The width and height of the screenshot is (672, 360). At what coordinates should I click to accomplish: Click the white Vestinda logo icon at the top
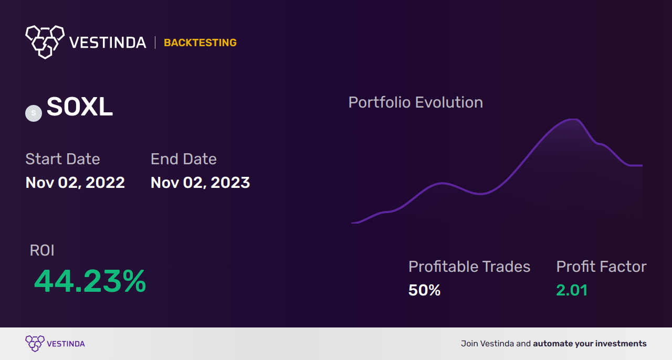tap(45, 41)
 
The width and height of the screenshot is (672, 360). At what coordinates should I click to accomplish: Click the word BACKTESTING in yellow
tap(200, 43)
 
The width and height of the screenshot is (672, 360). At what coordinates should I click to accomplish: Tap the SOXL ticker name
tap(80, 108)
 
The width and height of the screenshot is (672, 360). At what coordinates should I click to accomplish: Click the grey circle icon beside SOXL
tap(34, 113)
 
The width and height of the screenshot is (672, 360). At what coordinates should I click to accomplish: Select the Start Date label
tap(62, 159)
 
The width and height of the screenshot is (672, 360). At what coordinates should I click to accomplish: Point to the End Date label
tap(183, 159)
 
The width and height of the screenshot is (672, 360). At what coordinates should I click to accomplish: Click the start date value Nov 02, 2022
tap(75, 183)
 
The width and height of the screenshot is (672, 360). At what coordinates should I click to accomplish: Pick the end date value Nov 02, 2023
tap(200, 183)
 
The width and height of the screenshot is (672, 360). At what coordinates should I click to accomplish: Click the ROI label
tap(42, 250)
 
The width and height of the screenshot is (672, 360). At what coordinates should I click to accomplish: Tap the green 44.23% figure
tap(90, 281)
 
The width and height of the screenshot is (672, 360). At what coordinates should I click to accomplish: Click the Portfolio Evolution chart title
tap(415, 102)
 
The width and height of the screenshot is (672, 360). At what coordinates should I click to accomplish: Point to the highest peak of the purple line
tap(572, 120)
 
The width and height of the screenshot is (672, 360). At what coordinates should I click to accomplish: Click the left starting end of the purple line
tap(352, 223)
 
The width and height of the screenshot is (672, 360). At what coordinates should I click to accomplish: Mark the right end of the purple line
tap(642, 165)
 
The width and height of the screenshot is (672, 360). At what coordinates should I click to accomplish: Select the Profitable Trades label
tap(469, 267)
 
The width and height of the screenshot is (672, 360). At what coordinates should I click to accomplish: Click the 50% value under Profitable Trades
tap(424, 290)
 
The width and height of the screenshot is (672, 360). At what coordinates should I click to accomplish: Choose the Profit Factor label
tap(601, 267)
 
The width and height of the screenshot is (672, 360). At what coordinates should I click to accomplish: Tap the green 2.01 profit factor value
tap(572, 290)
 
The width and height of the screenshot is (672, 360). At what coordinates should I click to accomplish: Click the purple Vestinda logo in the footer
tap(55, 344)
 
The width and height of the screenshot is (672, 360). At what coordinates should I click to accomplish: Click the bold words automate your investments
tap(590, 344)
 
